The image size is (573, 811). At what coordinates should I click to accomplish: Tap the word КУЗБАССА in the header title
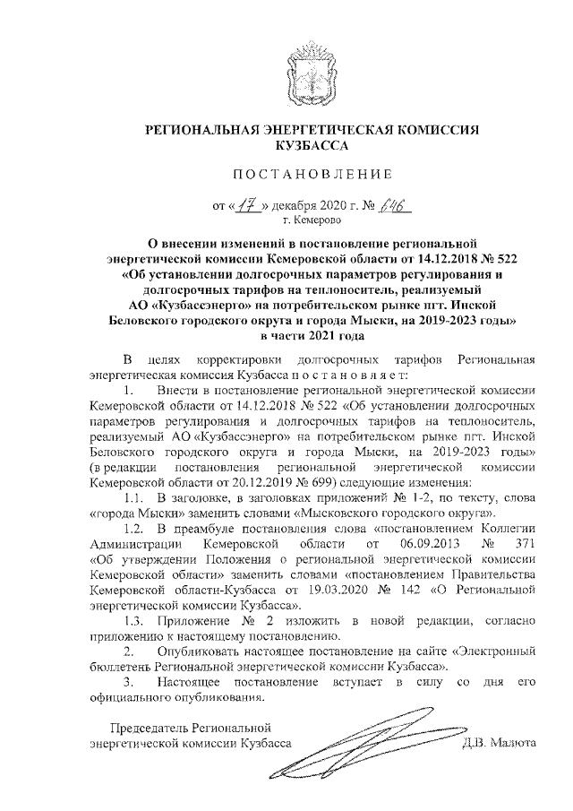click(x=312, y=142)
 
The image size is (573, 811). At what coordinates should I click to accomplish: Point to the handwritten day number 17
click(x=243, y=204)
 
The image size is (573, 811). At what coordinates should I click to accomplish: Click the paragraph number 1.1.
click(x=134, y=496)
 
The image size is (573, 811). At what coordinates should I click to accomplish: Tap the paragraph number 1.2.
click(x=134, y=528)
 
